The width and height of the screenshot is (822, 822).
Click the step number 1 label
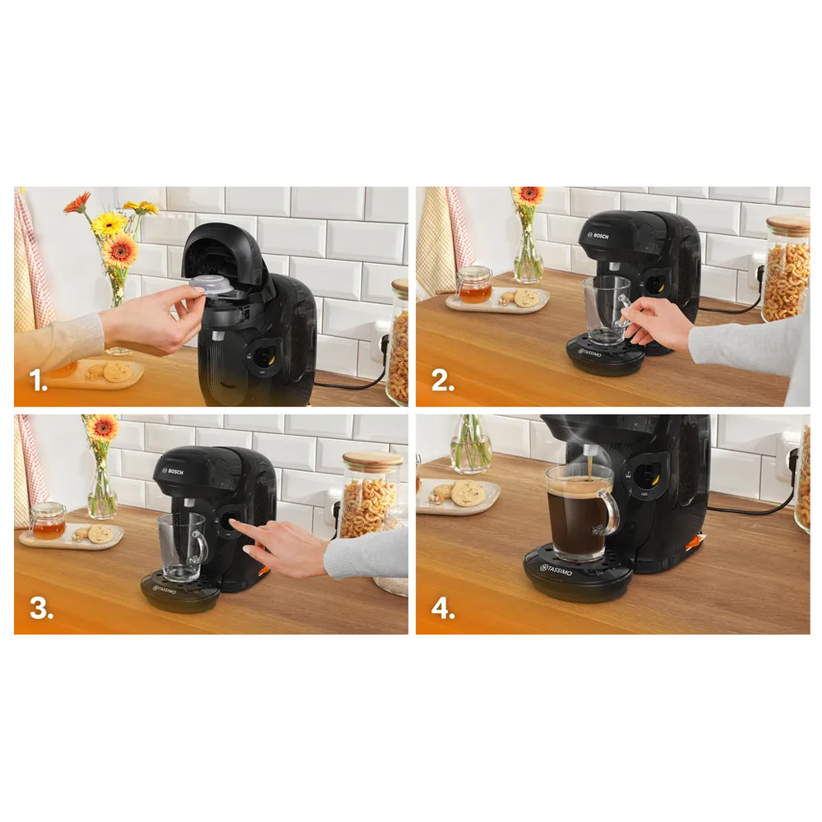[39, 381]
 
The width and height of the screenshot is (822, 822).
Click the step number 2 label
[443, 381]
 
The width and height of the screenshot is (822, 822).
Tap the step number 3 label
[41, 608]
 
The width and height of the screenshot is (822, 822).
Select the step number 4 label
[443, 608]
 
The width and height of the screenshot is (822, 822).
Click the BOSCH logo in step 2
[598, 236]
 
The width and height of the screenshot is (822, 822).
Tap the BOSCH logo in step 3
[173, 472]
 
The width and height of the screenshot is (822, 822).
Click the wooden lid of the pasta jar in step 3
[373, 461]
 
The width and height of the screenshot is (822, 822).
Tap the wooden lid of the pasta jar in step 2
[788, 226]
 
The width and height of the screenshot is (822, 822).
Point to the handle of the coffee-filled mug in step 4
[610, 510]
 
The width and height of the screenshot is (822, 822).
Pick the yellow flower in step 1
[109, 224]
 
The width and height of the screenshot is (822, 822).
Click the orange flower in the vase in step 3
[103, 427]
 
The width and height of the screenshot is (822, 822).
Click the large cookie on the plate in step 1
[117, 372]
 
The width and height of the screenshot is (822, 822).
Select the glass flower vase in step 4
[471, 444]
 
